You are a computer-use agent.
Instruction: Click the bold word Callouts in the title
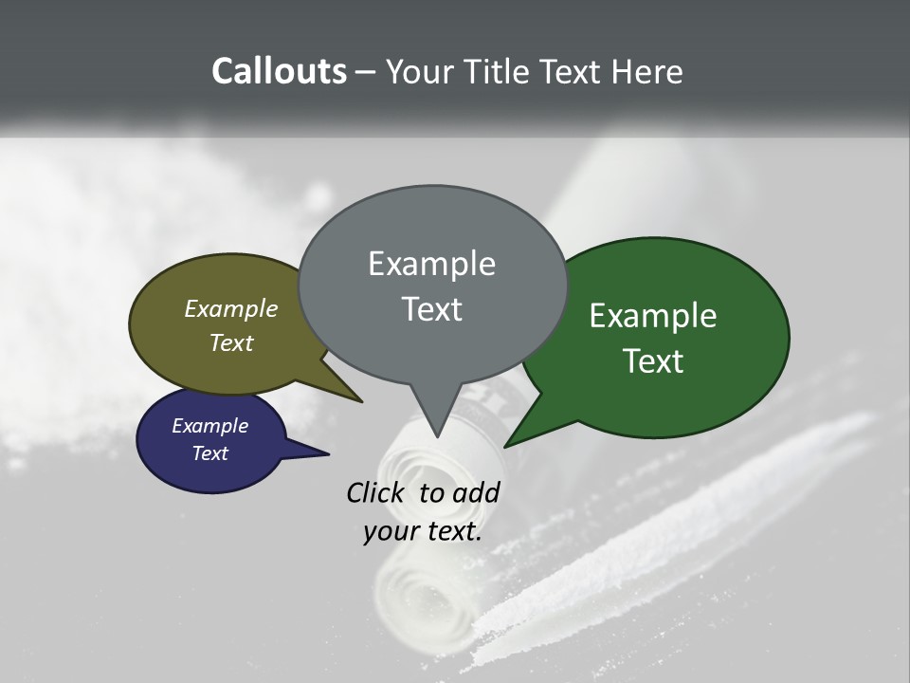click(279, 71)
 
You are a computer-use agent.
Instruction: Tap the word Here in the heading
click(646, 72)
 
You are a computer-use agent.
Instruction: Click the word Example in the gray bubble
click(431, 264)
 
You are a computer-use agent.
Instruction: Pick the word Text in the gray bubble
click(431, 309)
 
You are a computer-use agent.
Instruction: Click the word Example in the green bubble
click(653, 316)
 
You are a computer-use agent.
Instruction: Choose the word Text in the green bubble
click(653, 361)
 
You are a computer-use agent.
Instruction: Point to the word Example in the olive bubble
click(231, 308)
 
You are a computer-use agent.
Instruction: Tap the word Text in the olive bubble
click(231, 342)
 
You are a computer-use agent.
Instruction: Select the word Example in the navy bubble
click(210, 426)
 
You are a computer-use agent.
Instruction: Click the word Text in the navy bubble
click(210, 453)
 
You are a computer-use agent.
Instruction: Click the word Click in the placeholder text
click(378, 492)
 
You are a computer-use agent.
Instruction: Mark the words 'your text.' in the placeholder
click(423, 531)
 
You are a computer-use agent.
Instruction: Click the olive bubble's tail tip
click(361, 401)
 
